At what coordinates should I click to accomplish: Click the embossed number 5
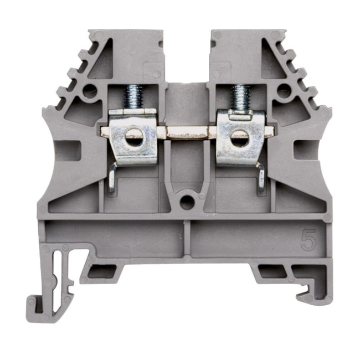point(306,240)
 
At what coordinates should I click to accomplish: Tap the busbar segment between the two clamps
point(187,132)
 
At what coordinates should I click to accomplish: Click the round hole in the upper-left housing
point(89,92)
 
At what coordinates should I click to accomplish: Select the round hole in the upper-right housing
point(283,90)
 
